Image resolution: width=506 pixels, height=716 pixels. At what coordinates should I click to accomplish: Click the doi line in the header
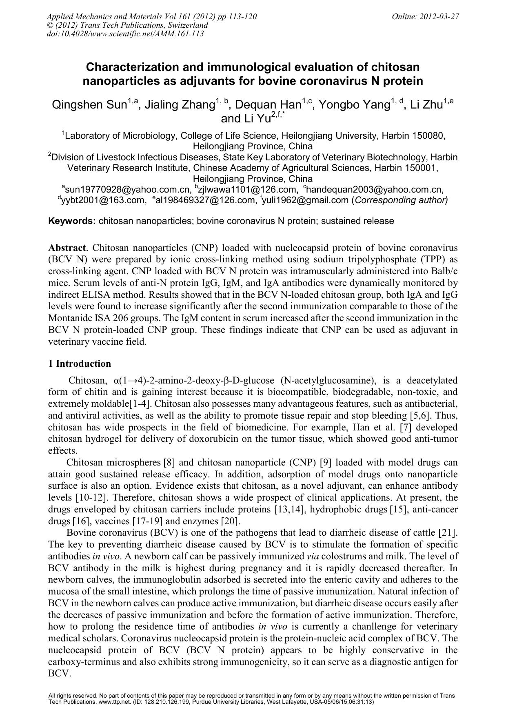(125, 34)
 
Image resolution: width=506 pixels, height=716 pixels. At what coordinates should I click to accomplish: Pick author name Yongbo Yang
(354, 105)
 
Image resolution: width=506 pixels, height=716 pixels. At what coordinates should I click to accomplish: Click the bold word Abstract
(67, 248)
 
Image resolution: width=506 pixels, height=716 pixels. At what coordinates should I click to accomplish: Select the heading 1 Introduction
(80, 364)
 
